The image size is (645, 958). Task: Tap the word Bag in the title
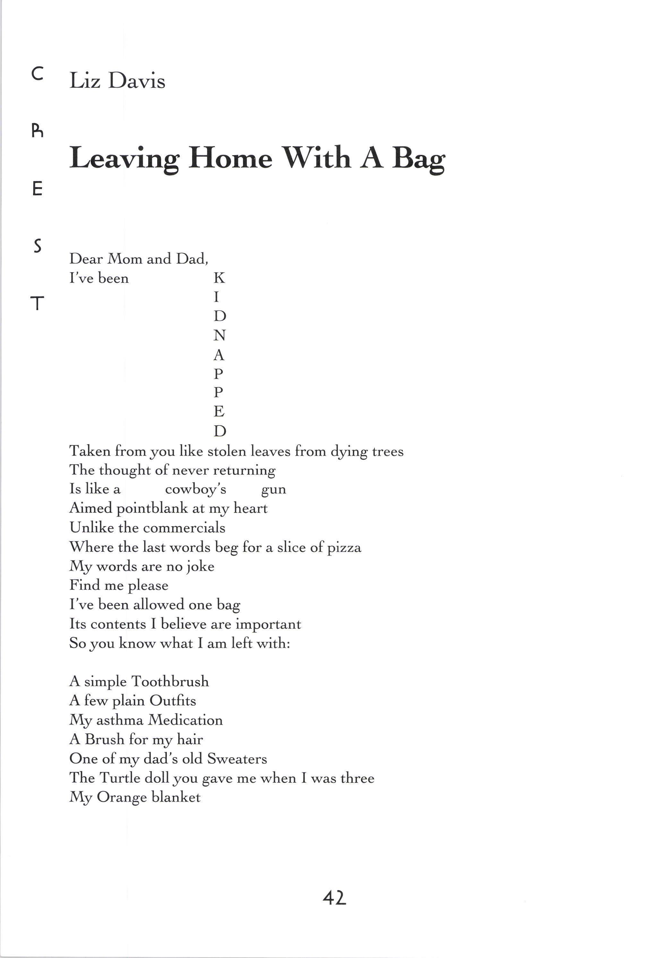[418, 159]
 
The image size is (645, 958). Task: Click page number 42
[334, 898]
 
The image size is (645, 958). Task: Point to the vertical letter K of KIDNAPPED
[219, 278]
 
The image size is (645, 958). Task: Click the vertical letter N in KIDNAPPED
[219, 335]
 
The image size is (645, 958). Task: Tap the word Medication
[185, 720]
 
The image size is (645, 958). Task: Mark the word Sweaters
[237, 759]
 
